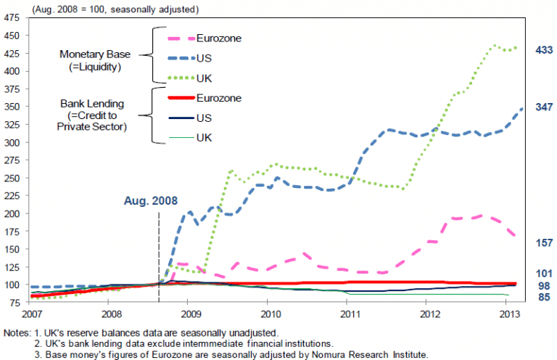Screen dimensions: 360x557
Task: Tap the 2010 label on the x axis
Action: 271,314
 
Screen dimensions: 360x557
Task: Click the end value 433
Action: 543,49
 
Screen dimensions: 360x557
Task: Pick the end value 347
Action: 543,107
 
